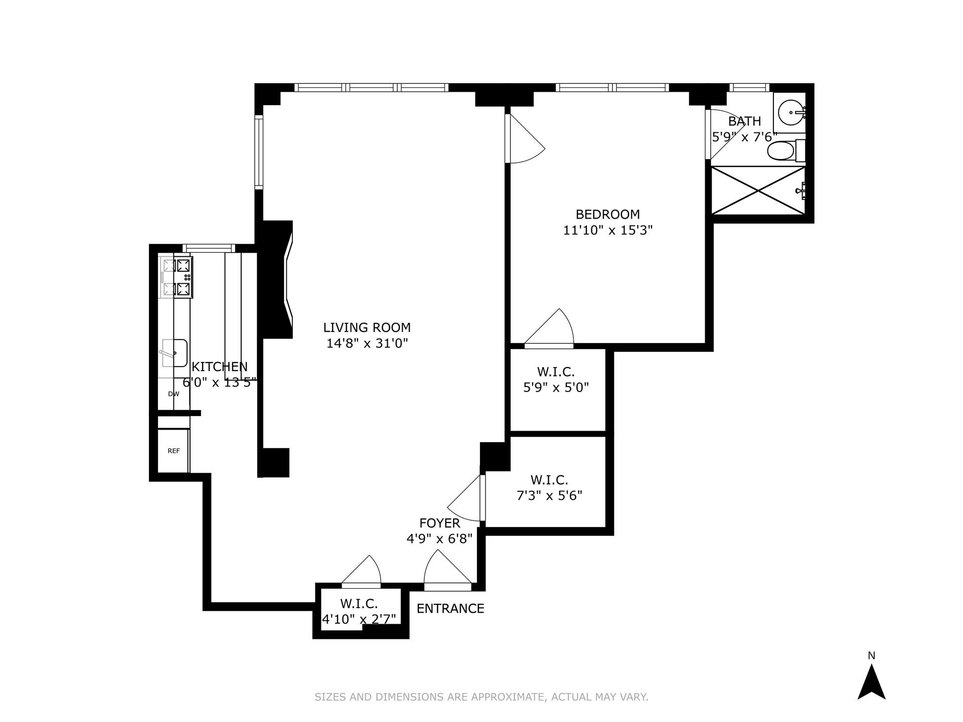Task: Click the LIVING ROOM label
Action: pos(367,327)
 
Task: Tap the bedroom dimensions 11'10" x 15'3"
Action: pos(607,230)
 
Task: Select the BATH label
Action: pos(744,121)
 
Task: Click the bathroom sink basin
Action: pos(791,113)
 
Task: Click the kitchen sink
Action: pos(174,353)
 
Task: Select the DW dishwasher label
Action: pos(174,394)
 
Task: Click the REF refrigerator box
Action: pos(174,451)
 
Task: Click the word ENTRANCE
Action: pos(450,608)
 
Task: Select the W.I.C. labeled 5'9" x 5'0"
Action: pos(556,380)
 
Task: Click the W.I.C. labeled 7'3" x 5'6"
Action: pos(549,488)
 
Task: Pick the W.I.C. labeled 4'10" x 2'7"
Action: pos(359,611)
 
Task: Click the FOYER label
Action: pos(439,523)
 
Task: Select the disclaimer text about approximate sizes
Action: pos(481,697)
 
